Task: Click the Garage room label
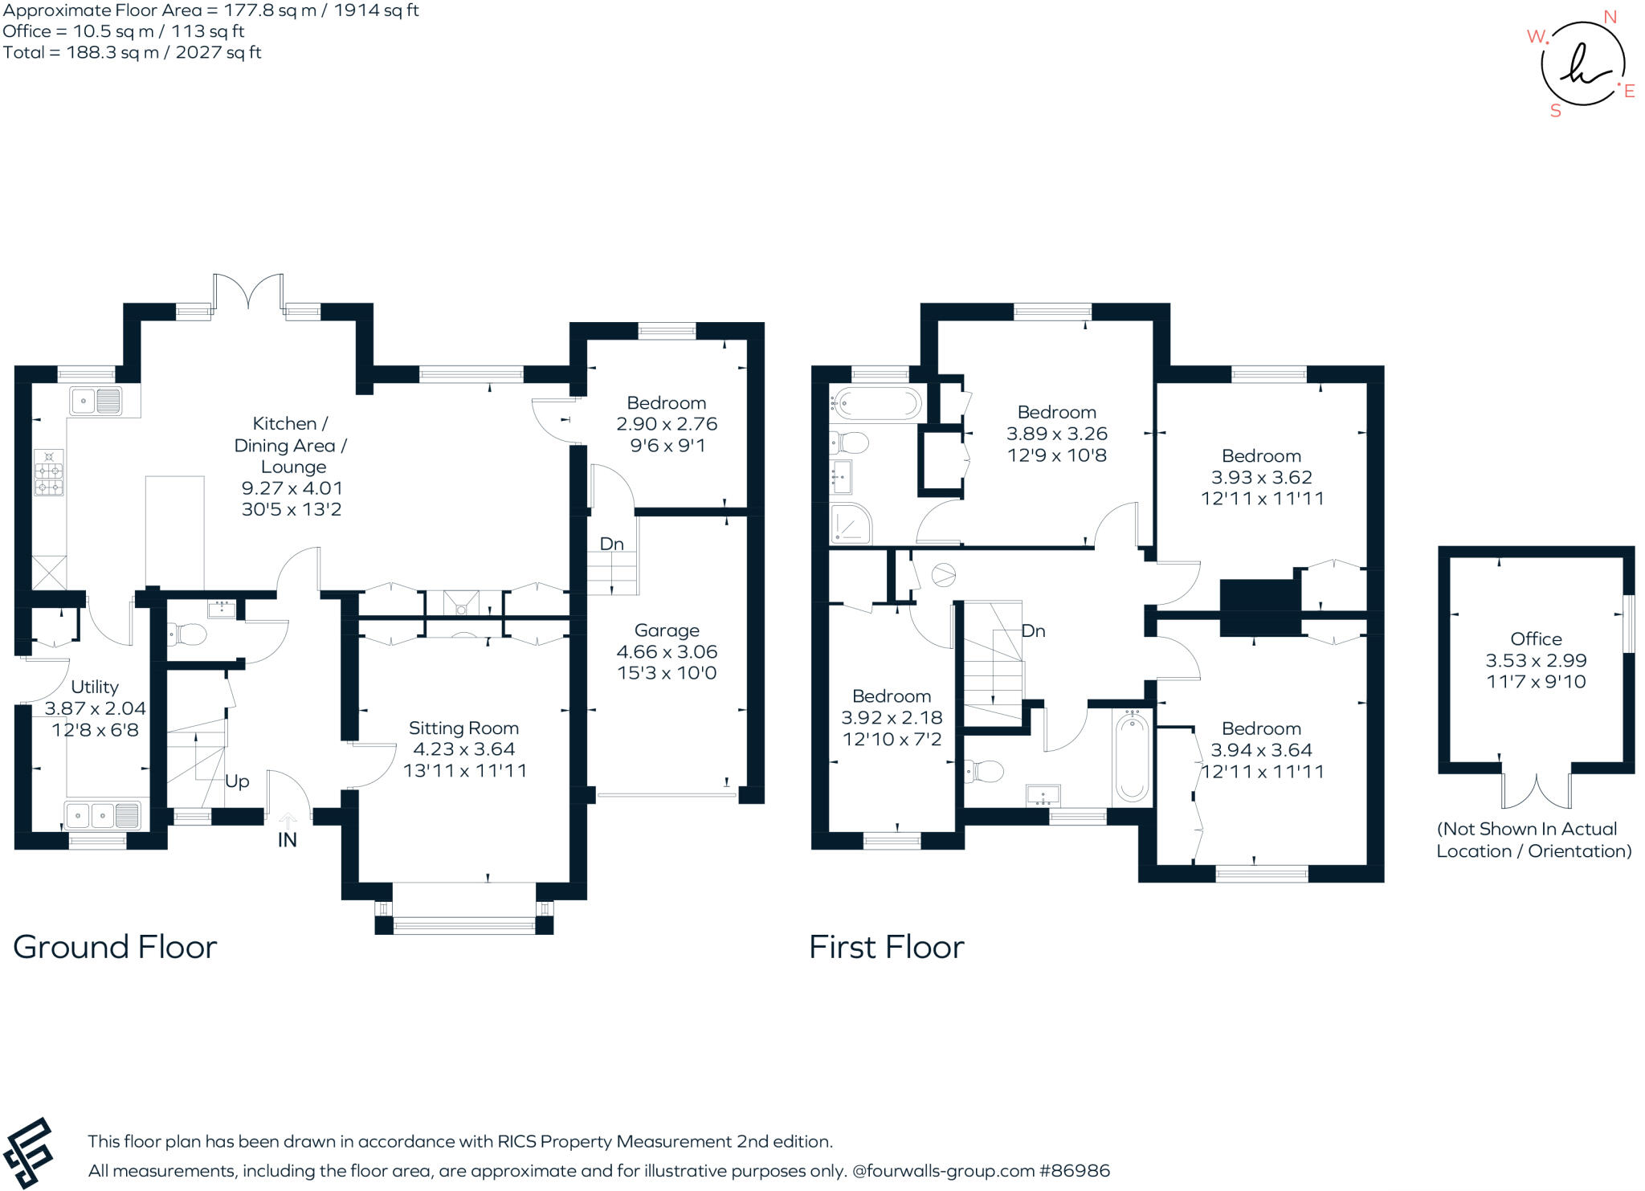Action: click(667, 630)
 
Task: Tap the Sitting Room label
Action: click(463, 728)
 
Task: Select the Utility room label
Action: click(95, 687)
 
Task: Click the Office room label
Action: click(1536, 639)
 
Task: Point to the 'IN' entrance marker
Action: click(287, 840)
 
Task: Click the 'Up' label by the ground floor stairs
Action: click(237, 781)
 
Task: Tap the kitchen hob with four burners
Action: click(49, 472)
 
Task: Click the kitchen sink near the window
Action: click(96, 400)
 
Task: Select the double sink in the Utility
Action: click(104, 814)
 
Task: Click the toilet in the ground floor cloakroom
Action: click(187, 635)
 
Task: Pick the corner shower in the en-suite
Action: click(851, 524)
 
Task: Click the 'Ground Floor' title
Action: click(115, 948)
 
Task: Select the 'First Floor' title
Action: click(887, 948)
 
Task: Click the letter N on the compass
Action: click(1610, 18)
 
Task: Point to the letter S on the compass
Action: click(1556, 112)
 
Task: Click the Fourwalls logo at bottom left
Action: click(28, 1152)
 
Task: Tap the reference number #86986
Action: click(1075, 1171)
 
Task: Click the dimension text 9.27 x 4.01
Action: click(292, 488)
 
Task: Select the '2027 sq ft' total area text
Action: click(218, 53)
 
